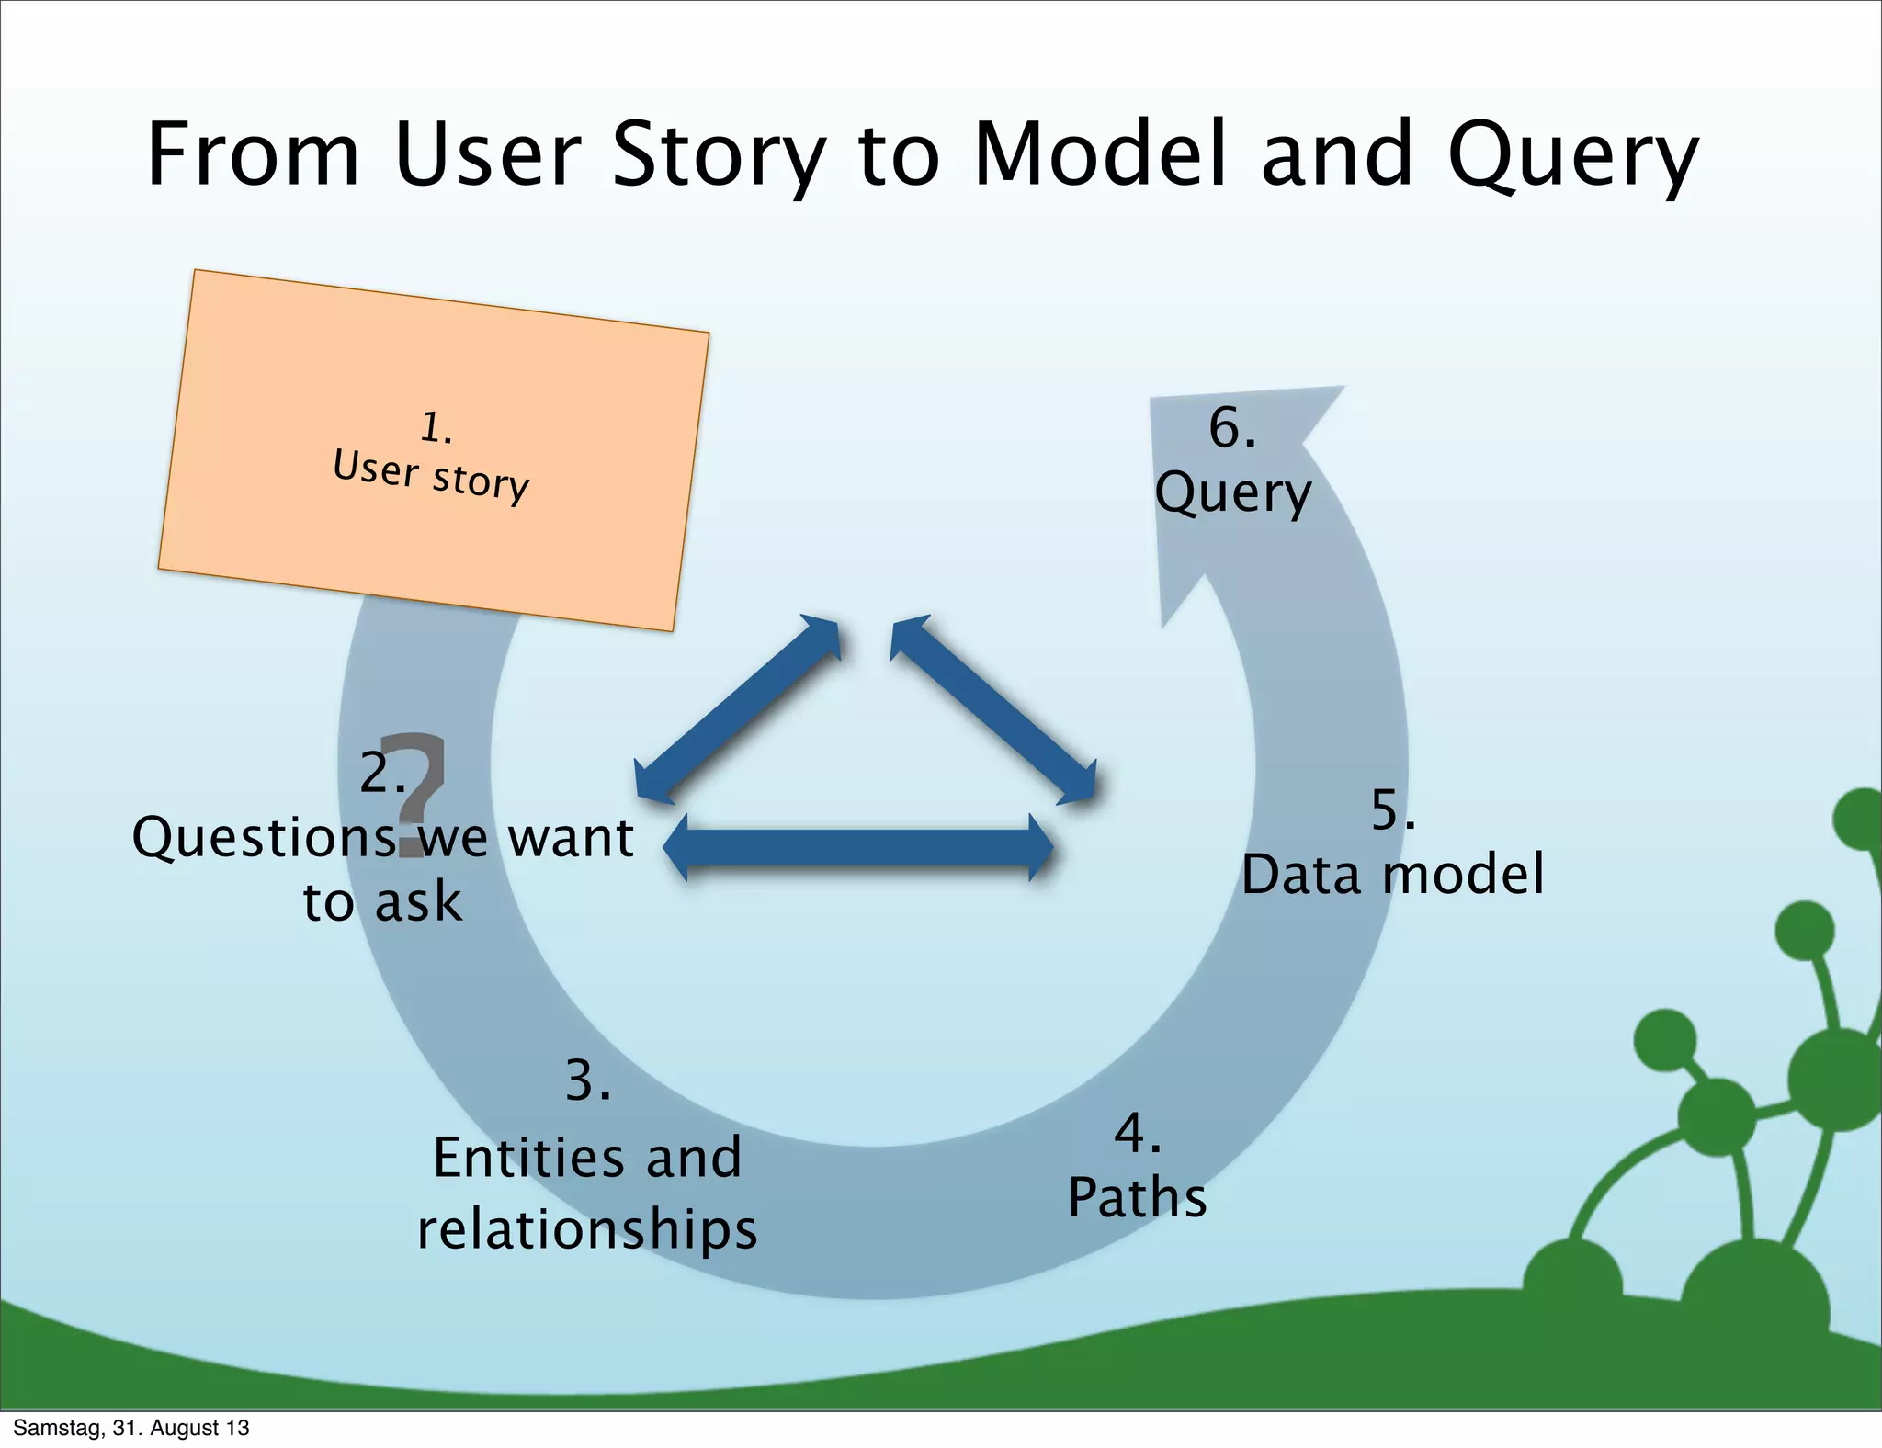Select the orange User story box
[x=433, y=450]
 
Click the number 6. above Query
[x=1231, y=428]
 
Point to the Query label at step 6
[x=1232, y=493]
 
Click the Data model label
[x=1392, y=874]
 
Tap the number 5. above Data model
[x=1392, y=810]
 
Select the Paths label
[x=1137, y=1198]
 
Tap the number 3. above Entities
[x=587, y=1081]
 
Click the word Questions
[x=265, y=838]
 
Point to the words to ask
[x=381, y=901]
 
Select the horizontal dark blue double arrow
[x=857, y=848]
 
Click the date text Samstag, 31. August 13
[x=131, y=1428]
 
